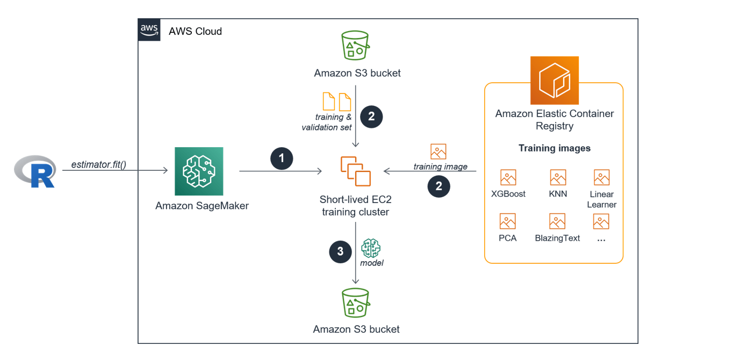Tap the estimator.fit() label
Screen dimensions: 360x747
coord(98,164)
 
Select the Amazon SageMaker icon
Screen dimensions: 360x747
coord(199,171)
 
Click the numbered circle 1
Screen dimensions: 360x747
coord(282,160)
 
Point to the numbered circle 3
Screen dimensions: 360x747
coord(340,251)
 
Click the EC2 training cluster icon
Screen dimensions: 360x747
coord(355,171)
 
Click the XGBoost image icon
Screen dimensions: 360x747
coord(508,177)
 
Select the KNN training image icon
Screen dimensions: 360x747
coord(558,177)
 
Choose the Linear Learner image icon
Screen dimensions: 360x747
coord(601,177)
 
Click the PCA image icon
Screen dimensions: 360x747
coord(507,221)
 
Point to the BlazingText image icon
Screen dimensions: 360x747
coord(557,221)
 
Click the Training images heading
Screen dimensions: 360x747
coord(554,148)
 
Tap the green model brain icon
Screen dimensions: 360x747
coord(371,248)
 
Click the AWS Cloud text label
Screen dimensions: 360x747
coord(195,31)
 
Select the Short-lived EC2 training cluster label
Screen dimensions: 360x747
coord(355,206)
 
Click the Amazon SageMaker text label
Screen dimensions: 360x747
coord(202,206)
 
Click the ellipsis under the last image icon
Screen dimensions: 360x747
coord(601,240)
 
